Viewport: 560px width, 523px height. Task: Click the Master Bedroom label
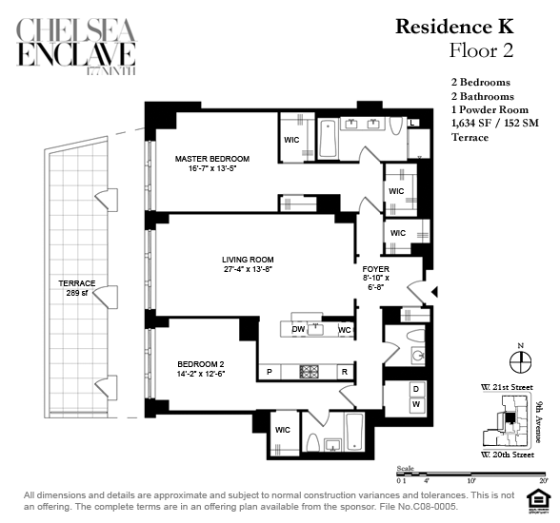212,164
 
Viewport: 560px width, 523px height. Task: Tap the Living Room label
248,264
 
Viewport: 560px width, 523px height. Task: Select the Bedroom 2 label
201,369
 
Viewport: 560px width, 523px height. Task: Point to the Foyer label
375,278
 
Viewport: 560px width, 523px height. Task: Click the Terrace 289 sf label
77,288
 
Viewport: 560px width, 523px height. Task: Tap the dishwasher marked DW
298,329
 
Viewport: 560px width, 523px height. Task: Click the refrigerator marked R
345,372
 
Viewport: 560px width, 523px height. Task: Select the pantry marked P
270,372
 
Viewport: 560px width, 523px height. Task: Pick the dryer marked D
416,389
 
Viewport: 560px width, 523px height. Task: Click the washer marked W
416,405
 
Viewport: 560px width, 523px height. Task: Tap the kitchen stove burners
310,372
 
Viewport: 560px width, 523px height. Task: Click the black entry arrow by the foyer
434,292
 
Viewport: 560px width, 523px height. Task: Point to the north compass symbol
520,361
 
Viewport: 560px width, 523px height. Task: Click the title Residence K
454,27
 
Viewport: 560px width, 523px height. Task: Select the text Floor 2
481,50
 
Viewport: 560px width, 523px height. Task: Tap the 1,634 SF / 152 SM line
495,124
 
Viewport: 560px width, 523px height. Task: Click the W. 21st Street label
507,387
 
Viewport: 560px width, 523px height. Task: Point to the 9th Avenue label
539,422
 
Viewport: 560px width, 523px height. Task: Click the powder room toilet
414,336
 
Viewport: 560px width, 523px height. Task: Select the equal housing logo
536,503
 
